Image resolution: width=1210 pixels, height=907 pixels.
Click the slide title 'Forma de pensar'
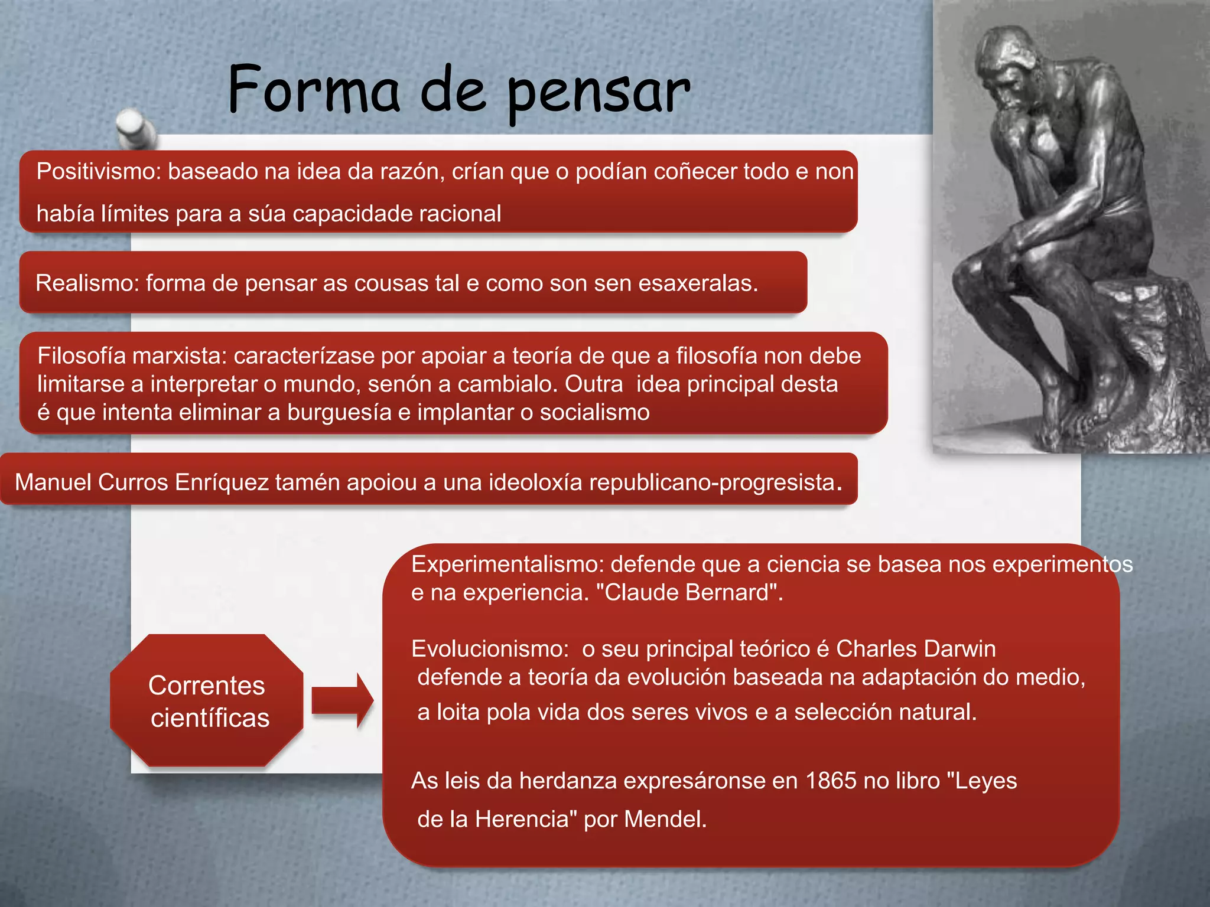458,92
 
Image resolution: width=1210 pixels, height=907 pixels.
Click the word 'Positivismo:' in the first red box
98,172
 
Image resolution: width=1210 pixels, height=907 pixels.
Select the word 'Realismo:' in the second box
87,283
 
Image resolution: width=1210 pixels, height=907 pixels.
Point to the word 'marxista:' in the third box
180,356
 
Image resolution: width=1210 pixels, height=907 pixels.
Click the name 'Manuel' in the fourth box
53,482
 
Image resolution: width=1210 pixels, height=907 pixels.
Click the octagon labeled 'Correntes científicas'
207,701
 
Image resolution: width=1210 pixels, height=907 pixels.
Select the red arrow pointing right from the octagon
342,700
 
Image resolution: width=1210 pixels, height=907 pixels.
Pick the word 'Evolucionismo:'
490,649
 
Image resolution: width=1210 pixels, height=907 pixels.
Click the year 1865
831,781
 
